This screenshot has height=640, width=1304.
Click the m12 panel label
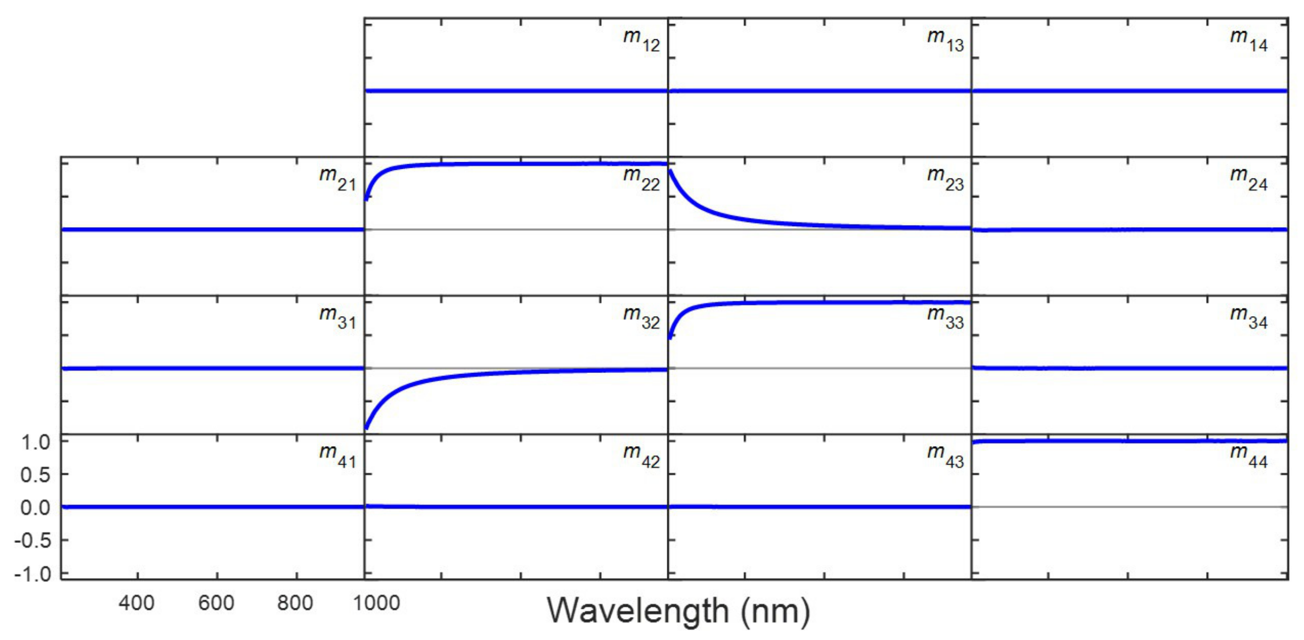(x=641, y=40)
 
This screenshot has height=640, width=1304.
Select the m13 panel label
(x=945, y=40)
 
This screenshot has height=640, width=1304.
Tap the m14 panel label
(x=1249, y=40)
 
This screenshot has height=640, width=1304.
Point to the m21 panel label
(x=337, y=179)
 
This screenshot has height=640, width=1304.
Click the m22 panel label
(x=641, y=179)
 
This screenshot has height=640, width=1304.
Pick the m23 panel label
(x=945, y=179)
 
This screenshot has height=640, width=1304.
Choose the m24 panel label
(x=1249, y=179)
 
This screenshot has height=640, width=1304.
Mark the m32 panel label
(x=641, y=318)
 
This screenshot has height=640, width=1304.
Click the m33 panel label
(x=945, y=318)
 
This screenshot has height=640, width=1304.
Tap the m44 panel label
(x=1249, y=457)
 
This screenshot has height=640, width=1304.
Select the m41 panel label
(x=337, y=457)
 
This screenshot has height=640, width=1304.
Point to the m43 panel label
(x=945, y=457)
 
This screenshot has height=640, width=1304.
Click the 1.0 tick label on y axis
(x=35, y=442)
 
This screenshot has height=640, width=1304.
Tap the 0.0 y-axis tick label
(x=35, y=508)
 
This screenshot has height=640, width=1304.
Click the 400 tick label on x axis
(x=137, y=603)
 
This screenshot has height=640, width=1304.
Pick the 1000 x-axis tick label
(x=377, y=603)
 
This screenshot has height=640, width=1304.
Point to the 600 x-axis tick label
(x=216, y=603)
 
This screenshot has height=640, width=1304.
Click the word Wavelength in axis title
(x=638, y=611)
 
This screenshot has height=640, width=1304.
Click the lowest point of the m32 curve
(x=366, y=428)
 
